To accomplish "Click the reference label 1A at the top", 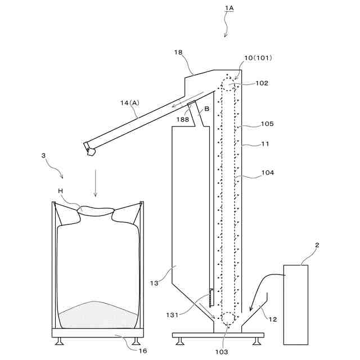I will click(x=229, y=8).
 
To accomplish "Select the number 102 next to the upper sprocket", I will click(x=262, y=83).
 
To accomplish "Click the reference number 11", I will click(x=265, y=144).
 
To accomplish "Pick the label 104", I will click(x=267, y=173).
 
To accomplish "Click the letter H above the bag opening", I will click(x=60, y=191).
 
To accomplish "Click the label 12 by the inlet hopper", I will click(x=273, y=319).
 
